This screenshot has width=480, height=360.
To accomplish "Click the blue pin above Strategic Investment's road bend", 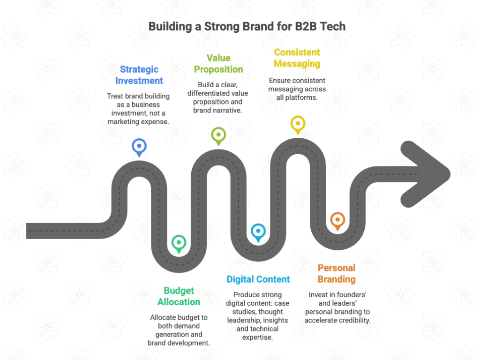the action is pyautogui.click(x=139, y=148).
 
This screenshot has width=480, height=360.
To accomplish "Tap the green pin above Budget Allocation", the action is pyautogui.click(x=179, y=244).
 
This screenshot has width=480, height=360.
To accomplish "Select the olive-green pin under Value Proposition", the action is pyautogui.click(x=218, y=136).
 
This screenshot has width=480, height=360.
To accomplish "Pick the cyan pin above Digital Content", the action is pyautogui.click(x=258, y=233).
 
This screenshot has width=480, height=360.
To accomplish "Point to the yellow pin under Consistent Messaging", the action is pyautogui.click(x=298, y=125).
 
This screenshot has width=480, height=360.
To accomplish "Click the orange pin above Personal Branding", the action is pyautogui.click(x=337, y=222).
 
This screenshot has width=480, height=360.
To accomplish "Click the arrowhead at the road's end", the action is pyautogui.click(x=426, y=174).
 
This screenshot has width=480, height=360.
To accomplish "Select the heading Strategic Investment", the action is pyautogui.click(x=139, y=75).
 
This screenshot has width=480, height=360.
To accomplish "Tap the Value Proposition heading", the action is pyautogui.click(x=218, y=64).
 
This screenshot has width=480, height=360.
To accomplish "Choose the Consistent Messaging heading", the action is pyautogui.click(x=297, y=58).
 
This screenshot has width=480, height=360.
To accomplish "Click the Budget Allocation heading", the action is pyautogui.click(x=179, y=296).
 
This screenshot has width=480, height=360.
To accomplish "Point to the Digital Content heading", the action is pyautogui.click(x=258, y=279).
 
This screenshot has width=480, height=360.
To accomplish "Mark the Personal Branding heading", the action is pyautogui.click(x=337, y=273).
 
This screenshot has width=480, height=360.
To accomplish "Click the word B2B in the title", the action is pyautogui.click(x=306, y=26).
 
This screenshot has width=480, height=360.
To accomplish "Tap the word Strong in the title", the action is pyautogui.click(x=222, y=27).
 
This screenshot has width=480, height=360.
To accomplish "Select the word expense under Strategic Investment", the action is pyautogui.click(x=155, y=122).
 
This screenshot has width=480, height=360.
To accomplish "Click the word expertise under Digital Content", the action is pyautogui.click(x=257, y=337).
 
